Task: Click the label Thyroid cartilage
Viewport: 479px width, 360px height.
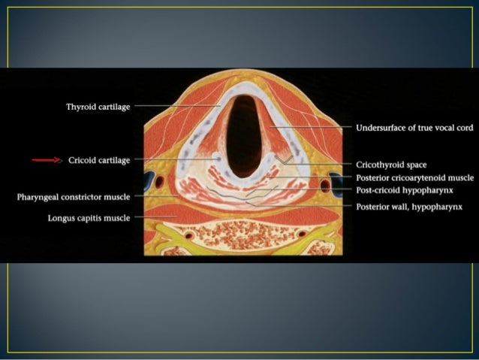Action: tap(99, 107)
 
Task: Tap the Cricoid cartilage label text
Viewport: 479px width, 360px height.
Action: tap(99, 160)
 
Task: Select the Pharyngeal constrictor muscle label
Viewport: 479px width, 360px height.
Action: tap(74, 197)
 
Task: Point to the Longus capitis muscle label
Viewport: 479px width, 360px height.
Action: tap(89, 218)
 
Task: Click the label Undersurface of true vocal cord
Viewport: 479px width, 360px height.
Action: tap(414, 128)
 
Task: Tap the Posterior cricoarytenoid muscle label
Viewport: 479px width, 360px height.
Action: tap(414, 177)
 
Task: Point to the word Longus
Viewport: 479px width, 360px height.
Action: tap(62, 218)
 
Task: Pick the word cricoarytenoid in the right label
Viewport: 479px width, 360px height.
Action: tap(411, 177)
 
